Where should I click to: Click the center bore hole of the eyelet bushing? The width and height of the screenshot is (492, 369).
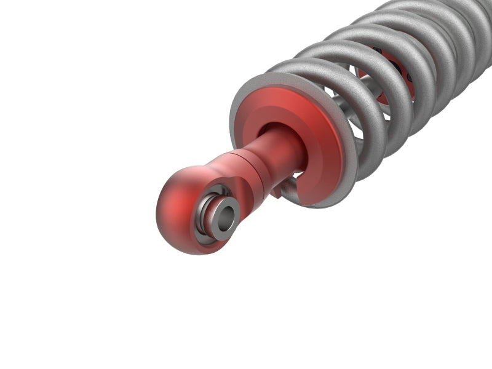tap(226, 216)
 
